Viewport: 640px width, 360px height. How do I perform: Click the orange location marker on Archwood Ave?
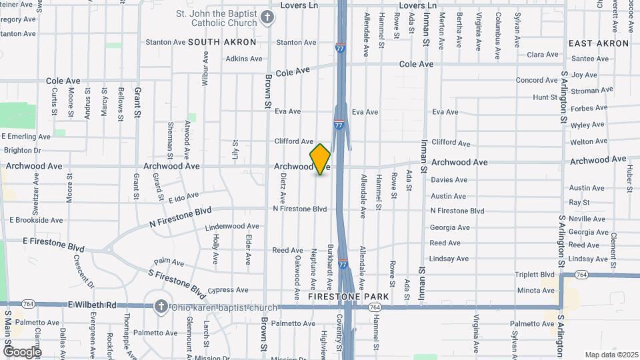tap(321, 159)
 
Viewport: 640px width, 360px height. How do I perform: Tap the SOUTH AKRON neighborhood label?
tap(222, 42)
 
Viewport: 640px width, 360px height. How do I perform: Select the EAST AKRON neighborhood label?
tap(599, 43)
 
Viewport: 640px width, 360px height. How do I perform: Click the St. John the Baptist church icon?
tap(267, 18)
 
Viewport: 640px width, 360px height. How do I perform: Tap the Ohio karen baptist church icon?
tap(160, 306)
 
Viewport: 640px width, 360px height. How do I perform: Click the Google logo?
tap(21, 351)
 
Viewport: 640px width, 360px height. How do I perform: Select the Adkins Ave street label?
tap(244, 59)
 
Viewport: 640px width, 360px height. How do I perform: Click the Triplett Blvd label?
tap(535, 274)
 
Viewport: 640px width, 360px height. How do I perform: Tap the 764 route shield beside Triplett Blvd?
tap(581, 274)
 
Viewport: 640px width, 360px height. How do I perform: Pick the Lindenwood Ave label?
tap(233, 226)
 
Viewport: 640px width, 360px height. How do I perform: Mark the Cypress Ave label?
tap(228, 290)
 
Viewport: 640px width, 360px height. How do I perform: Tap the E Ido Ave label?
tap(183, 197)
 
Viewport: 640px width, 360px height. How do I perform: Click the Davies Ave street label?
tap(449, 180)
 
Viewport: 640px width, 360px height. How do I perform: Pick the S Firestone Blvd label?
tap(177, 282)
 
